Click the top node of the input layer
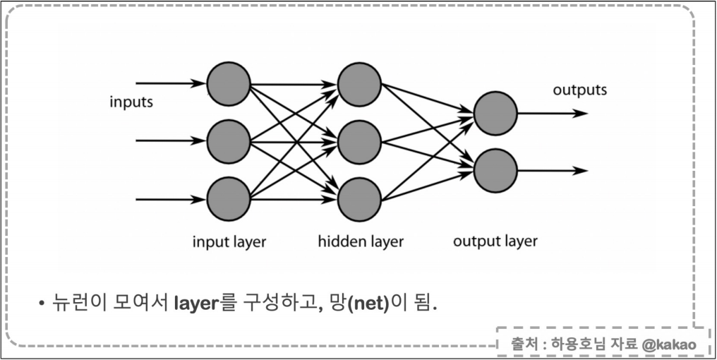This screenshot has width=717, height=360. click(229, 83)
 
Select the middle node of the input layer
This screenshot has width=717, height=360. click(229, 140)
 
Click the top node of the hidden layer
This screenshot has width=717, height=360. click(359, 83)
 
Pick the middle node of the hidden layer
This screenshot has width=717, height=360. click(359, 141)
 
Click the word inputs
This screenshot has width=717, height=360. click(131, 102)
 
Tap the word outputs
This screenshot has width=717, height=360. click(579, 90)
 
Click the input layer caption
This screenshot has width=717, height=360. click(229, 241)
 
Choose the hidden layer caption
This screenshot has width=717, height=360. click(361, 241)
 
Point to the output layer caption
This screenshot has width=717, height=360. click(495, 241)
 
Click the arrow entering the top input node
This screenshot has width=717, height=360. click(169, 83)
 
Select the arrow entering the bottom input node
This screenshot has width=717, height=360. click(169, 199)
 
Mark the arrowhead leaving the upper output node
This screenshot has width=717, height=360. click(581, 113)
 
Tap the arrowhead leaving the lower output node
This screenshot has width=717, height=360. click(581, 171)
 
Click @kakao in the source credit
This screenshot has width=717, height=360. click(668, 345)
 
